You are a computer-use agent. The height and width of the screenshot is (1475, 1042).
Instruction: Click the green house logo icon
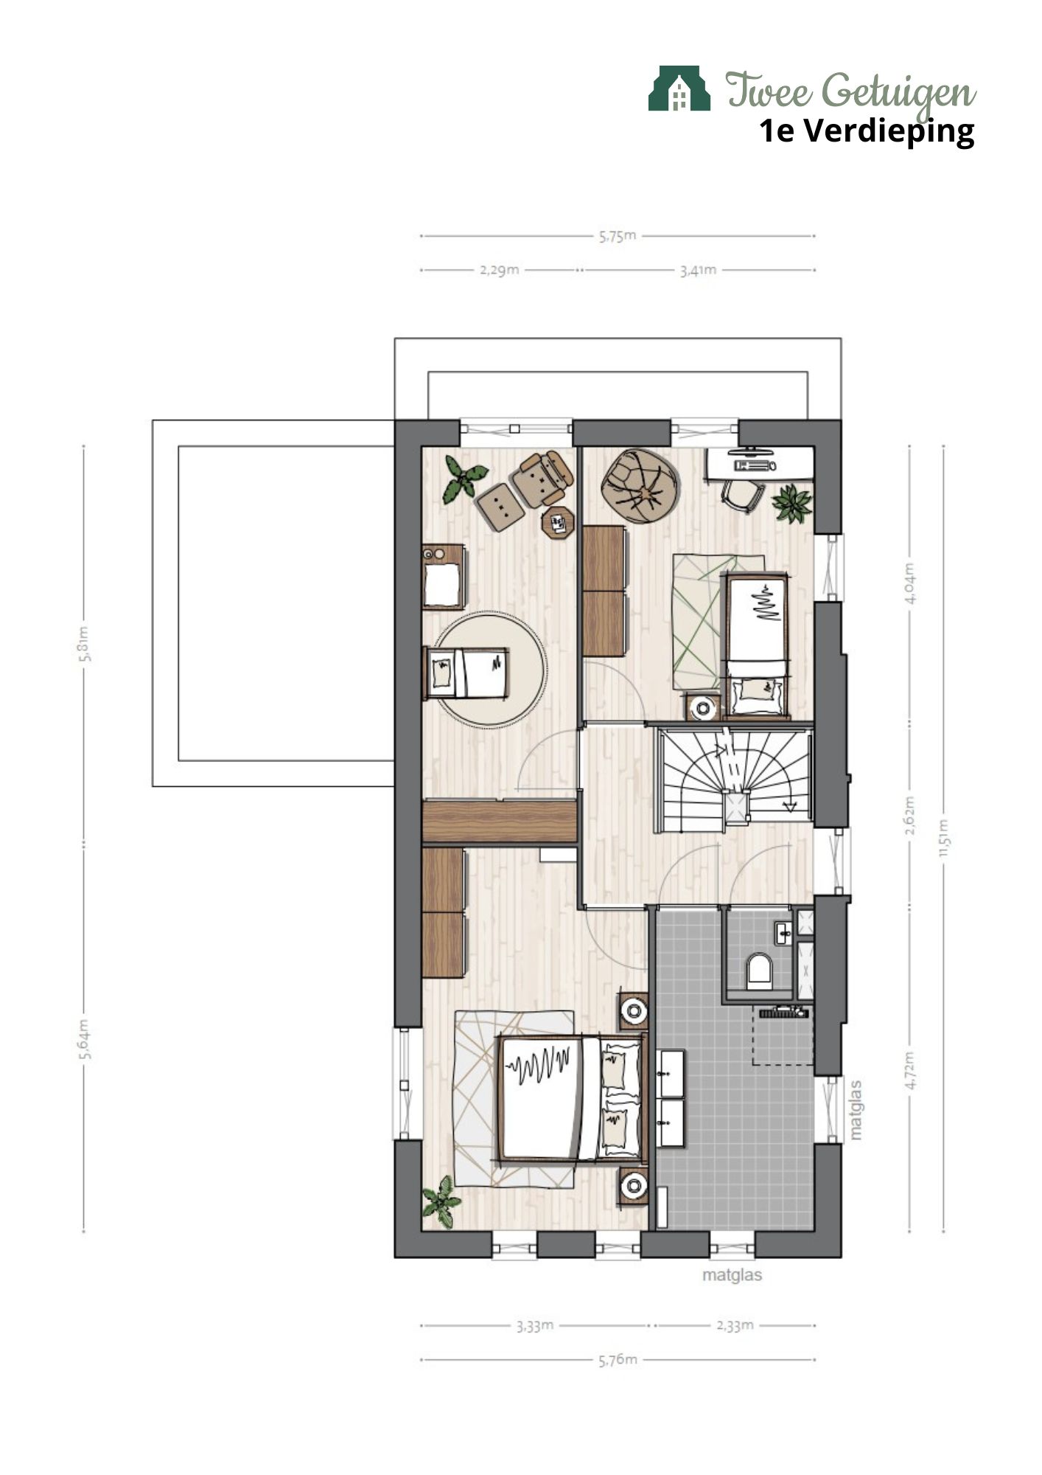(679, 88)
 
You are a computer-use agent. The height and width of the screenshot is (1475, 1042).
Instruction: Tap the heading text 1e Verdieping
(867, 131)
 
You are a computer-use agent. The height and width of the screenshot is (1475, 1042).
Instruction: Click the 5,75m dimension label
(618, 236)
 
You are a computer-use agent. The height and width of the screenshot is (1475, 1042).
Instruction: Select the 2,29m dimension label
(500, 270)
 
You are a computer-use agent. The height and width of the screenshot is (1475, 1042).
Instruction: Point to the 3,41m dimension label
(698, 270)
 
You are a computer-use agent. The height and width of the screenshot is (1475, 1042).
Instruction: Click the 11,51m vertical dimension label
(944, 839)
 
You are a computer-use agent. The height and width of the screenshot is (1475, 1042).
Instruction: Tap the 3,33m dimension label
(534, 1325)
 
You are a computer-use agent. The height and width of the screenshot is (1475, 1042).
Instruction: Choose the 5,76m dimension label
(618, 1359)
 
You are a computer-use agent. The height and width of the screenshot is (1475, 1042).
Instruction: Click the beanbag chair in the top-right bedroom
(640, 487)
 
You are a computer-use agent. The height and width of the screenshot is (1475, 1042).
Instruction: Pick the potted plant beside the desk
(792, 503)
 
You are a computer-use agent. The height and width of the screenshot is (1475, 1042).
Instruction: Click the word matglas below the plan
(732, 1274)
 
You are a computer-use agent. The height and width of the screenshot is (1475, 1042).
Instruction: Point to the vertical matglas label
(855, 1111)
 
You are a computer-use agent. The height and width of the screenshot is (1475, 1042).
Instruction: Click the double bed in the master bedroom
(572, 1098)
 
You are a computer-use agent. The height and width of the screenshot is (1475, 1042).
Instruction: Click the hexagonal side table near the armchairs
(558, 523)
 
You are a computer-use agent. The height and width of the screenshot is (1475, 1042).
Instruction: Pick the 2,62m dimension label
(910, 816)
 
